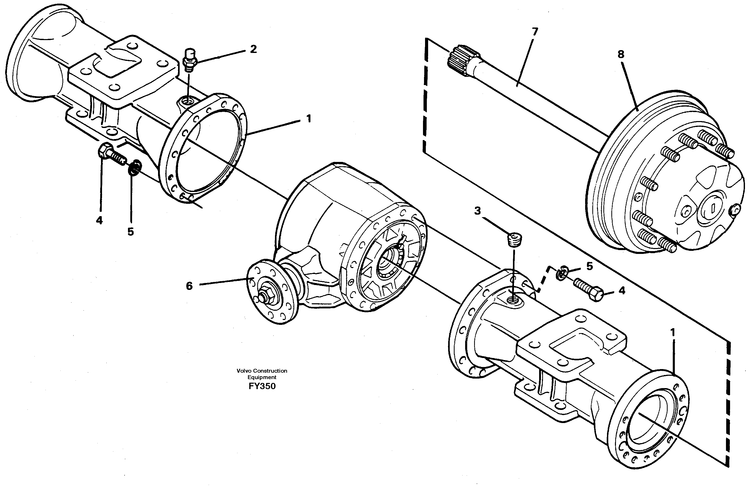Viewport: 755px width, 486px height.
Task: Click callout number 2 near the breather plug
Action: coord(253,49)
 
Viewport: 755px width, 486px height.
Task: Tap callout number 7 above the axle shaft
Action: coord(535,32)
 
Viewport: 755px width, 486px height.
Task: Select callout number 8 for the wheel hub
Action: coord(621,54)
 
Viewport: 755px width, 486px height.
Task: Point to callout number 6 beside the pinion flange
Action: coord(189,286)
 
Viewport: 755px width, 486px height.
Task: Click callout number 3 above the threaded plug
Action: coord(477,211)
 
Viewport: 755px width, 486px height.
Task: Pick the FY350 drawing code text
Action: coord(262,386)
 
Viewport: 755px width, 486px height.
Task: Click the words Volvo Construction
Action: coord(262,371)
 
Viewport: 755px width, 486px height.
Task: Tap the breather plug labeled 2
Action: coord(189,60)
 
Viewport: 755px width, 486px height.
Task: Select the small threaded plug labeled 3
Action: coord(514,239)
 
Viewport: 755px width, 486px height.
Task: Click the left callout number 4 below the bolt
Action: coord(99,220)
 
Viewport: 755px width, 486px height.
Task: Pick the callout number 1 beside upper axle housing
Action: coord(309,119)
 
